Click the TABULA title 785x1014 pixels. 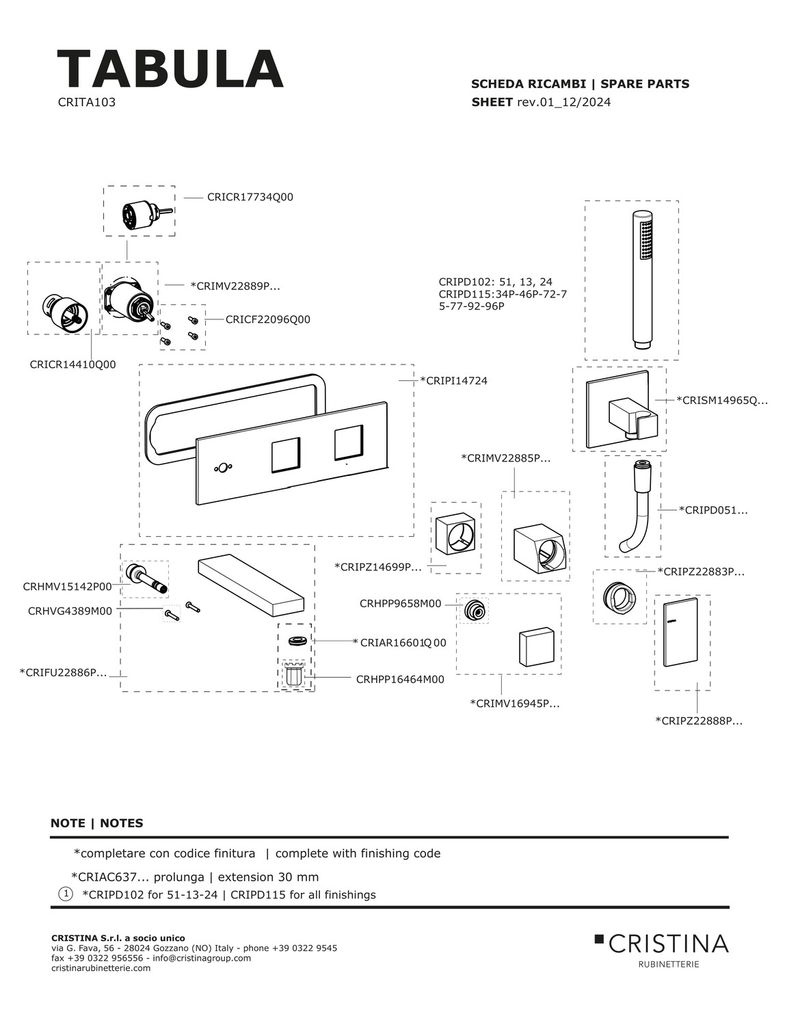pyautogui.click(x=170, y=69)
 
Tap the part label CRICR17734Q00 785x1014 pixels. pyautogui.click(x=250, y=198)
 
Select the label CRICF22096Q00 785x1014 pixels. pyautogui.click(x=268, y=319)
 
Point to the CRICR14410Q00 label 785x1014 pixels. pyautogui.click(x=72, y=364)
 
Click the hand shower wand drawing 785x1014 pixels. pyautogui.click(x=643, y=280)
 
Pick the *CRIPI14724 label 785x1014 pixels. pyautogui.click(x=453, y=381)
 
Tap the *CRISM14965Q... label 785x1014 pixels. pyautogui.click(x=722, y=401)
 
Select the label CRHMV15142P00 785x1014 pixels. pyautogui.click(x=68, y=587)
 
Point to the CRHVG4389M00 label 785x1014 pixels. pyautogui.click(x=70, y=611)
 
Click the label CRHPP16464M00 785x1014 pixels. pyautogui.click(x=400, y=680)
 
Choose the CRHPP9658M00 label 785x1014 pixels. pyautogui.click(x=401, y=604)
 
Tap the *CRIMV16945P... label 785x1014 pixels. pyautogui.click(x=515, y=704)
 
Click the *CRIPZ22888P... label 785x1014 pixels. pyautogui.click(x=699, y=721)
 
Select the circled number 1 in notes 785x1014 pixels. pyautogui.click(x=66, y=894)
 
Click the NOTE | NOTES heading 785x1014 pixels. pyautogui.click(x=96, y=823)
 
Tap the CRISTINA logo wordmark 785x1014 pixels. pyautogui.click(x=668, y=944)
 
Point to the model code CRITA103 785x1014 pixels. pyautogui.click(x=87, y=102)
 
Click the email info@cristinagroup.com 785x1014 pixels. pyautogui.click(x=202, y=958)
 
